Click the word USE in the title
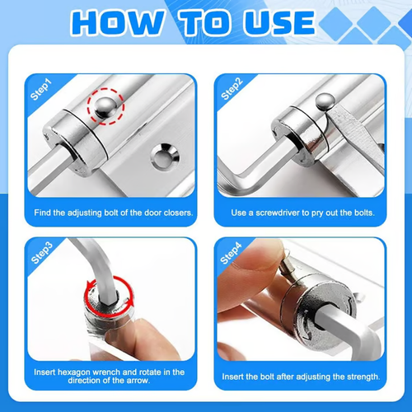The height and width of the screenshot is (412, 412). (274, 22)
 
